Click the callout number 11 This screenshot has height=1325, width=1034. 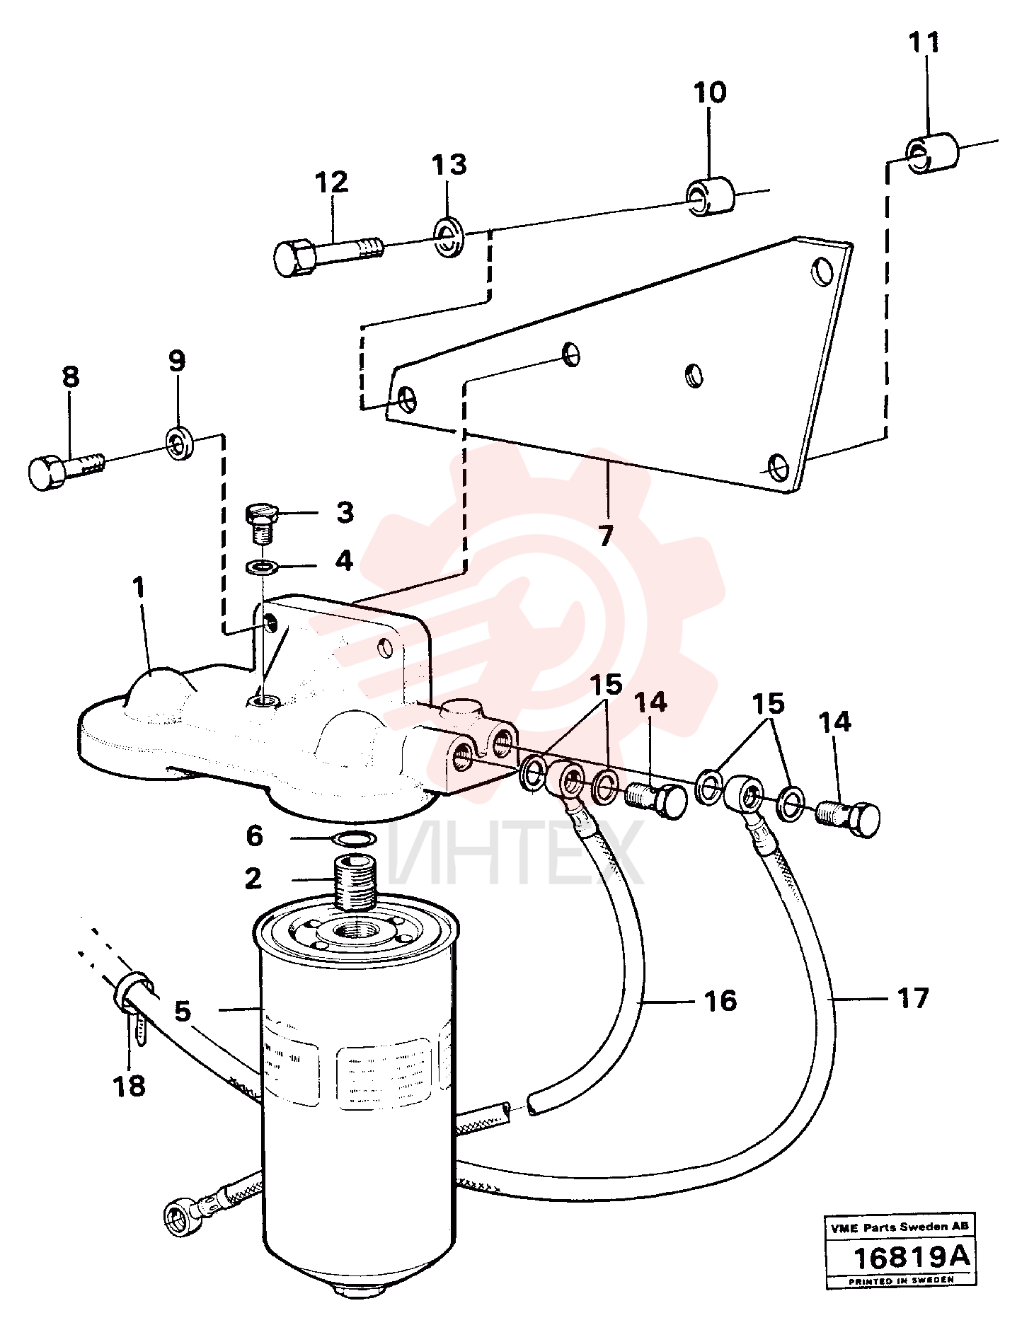tap(924, 43)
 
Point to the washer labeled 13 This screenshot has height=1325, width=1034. tap(447, 238)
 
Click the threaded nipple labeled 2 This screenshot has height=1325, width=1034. tap(355, 882)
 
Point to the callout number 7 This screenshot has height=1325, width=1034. tap(605, 536)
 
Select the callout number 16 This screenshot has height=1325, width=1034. tap(720, 1001)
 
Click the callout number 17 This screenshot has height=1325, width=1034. tap(913, 998)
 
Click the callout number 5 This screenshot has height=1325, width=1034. tap(183, 1011)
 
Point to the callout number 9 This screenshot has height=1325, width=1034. tap(177, 361)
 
